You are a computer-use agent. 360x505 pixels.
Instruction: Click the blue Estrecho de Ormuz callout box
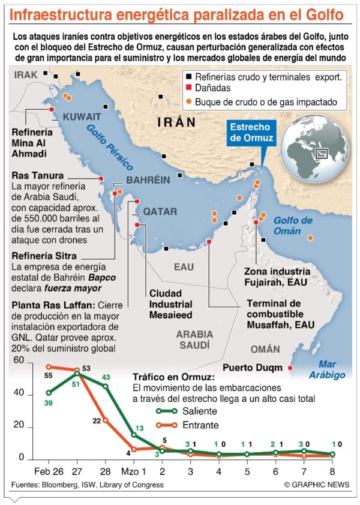252,133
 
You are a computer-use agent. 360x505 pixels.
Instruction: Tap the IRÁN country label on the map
176,122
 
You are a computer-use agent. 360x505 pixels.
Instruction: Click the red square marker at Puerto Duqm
290,368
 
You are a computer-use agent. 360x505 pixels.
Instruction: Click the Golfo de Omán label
293,225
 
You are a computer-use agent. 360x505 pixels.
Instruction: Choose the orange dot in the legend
189,102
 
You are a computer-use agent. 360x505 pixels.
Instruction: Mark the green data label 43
106,377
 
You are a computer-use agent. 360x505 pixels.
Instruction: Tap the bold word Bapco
102,278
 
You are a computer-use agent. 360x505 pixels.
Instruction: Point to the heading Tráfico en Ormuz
173,377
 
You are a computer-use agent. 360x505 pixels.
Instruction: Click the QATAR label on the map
159,212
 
